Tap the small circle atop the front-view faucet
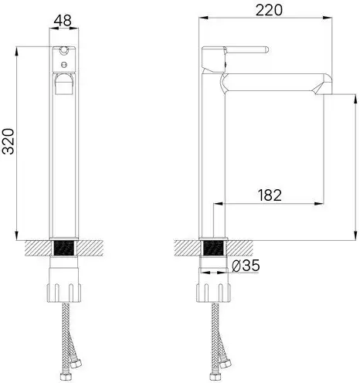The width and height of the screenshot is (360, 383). coord(65,55)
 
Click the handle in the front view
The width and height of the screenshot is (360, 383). coord(65,83)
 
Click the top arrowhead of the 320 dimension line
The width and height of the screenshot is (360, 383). coord(17,51)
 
